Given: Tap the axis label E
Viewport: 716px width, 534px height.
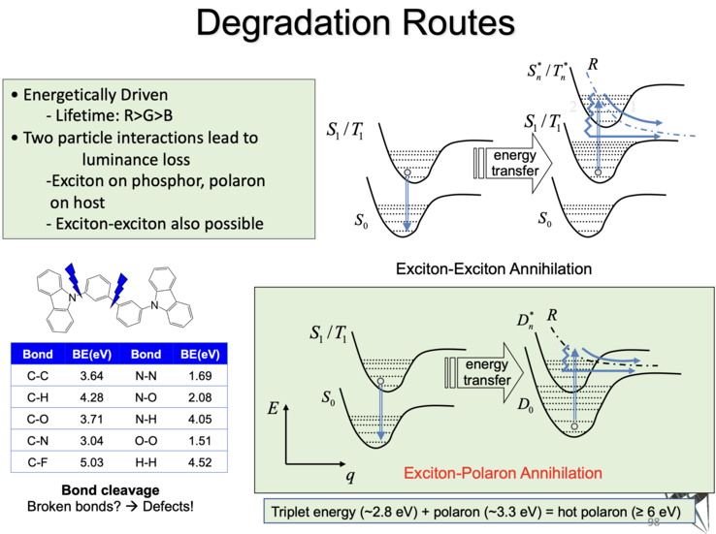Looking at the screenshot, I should click(x=275, y=411).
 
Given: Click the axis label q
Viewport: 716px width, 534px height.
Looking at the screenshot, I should click(x=349, y=476).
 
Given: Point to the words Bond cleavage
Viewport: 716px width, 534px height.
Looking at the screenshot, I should click(x=116, y=489).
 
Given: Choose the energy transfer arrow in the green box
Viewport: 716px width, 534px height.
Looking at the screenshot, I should click(x=484, y=371).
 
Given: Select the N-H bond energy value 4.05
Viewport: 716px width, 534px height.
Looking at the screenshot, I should click(x=201, y=418).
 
